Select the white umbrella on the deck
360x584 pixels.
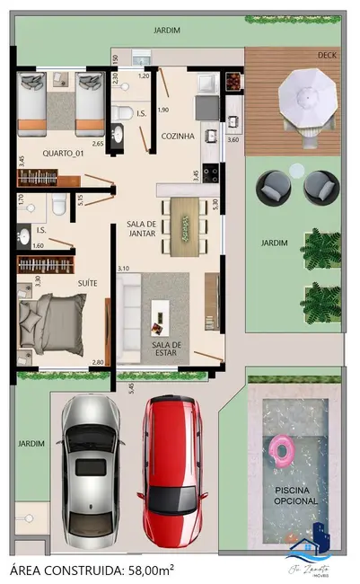click(x=307, y=94)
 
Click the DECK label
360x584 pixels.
click(x=327, y=56)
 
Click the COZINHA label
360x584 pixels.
click(x=178, y=137)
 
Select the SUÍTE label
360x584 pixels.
click(x=87, y=283)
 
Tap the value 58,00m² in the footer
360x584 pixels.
click(x=146, y=570)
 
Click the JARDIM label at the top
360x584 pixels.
click(x=166, y=31)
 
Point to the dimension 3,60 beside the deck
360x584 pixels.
click(x=233, y=139)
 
